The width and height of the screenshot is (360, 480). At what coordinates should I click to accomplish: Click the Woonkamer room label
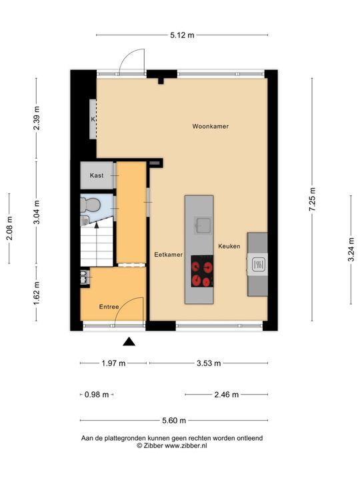pyautogui.click(x=211, y=126)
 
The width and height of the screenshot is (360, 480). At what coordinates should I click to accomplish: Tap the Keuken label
pyautogui.click(x=229, y=246)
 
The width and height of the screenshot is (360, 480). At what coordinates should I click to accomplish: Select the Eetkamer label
pyautogui.click(x=168, y=255)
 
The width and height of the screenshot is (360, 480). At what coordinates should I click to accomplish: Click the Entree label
pyautogui.click(x=109, y=307)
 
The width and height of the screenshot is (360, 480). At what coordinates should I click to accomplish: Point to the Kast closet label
pyautogui.click(x=97, y=175)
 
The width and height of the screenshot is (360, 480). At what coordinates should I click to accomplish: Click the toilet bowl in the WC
pyautogui.click(x=92, y=204)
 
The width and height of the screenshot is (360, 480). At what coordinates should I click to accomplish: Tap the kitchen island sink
pyautogui.click(x=202, y=224)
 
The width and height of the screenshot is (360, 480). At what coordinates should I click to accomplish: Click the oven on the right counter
pyautogui.click(x=257, y=266)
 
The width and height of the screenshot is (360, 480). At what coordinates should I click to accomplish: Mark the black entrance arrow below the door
pyautogui.click(x=129, y=342)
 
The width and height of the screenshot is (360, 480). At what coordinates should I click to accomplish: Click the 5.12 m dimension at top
pyautogui.click(x=182, y=35)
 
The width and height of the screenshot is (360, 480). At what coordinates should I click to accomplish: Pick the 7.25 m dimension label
pyautogui.click(x=313, y=199)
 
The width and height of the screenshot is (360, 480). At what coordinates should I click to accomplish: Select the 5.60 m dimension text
pyautogui.click(x=174, y=421)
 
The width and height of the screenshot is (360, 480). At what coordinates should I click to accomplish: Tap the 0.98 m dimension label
pyautogui.click(x=97, y=395)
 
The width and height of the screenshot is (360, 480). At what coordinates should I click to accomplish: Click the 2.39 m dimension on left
pyautogui.click(x=37, y=119)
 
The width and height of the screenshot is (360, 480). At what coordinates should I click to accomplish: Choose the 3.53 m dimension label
pyautogui.click(x=209, y=363)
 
